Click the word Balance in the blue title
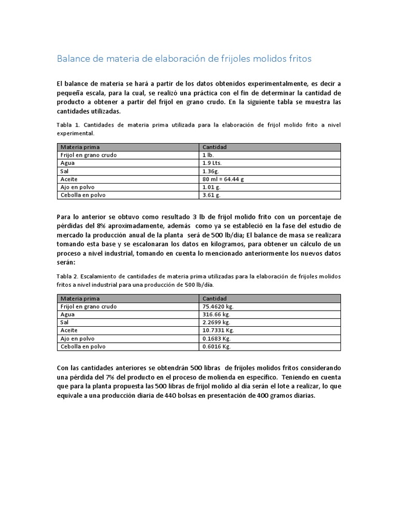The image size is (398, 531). (x=72, y=59)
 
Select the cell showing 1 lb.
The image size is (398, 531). (x=207, y=155)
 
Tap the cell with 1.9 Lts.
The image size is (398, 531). (x=212, y=163)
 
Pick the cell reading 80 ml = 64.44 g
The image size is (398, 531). (x=223, y=179)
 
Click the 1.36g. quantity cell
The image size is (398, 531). (x=211, y=171)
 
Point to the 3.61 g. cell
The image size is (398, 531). (x=211, y=195)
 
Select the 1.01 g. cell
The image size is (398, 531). (x=211, y=187)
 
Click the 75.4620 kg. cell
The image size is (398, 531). (x=218, y=306)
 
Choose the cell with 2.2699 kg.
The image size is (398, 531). (x=216, y=322)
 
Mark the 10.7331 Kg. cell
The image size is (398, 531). (x=218, y=330)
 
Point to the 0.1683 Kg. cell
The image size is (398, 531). (x=217, y=338)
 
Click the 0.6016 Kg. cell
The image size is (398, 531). (x=217, y=346)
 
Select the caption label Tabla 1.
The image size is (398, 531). (x=67, y=125)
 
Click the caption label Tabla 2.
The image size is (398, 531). (x=67, y=276)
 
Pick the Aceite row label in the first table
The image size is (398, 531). (x=69, y=179)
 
